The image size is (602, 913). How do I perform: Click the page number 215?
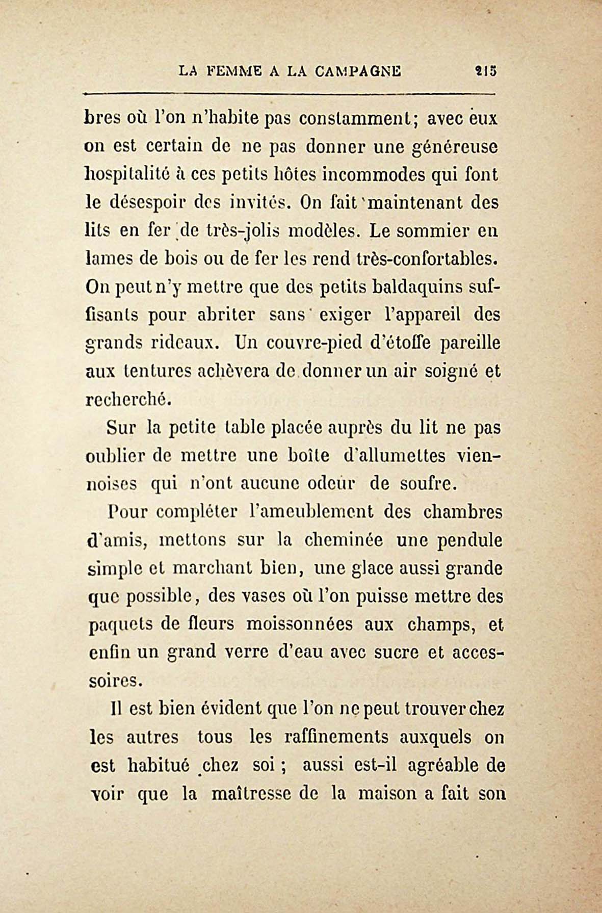pyautogui.click(x=485, y=70)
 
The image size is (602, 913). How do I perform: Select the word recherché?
pyautogui.click(x=126, y=399)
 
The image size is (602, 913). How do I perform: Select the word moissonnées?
pyautogui.click(x=299, y=624)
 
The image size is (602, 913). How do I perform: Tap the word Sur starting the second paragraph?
pyautogui.click(x=121, y=427)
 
